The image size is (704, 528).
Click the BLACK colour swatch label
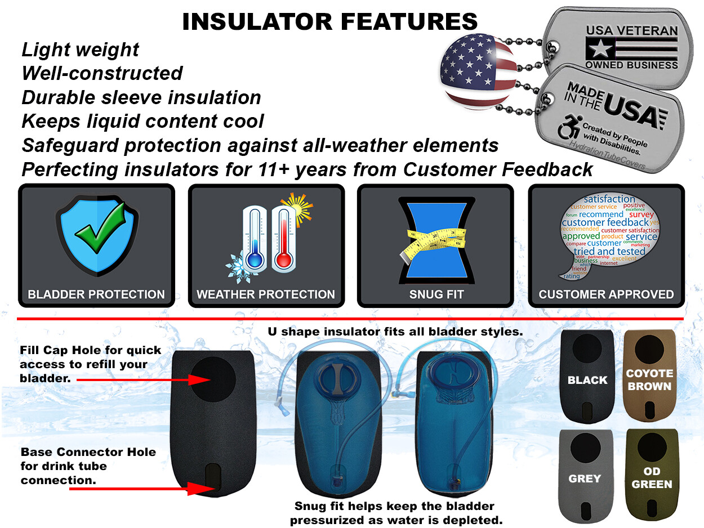click(587, 380)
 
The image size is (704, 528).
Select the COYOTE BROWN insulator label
click(649, 380)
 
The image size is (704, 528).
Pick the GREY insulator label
click(585, 478)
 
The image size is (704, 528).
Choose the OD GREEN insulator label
click(652, 478)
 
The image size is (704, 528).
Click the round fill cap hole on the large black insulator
click(212, 380)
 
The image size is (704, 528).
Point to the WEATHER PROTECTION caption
click(266, 294)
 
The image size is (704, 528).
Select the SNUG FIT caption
click(436, 294)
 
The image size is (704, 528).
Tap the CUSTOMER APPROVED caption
click(606, 294)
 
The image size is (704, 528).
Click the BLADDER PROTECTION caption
click(96, 294)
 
